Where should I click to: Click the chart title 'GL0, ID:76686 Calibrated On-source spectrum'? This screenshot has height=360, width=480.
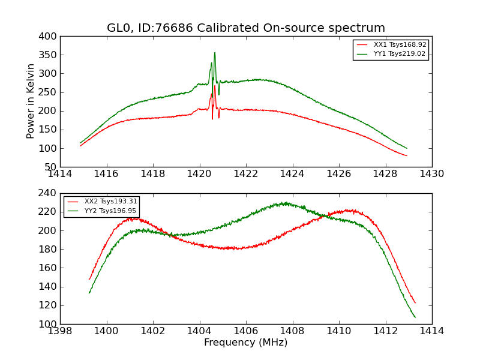[x=246, y=28]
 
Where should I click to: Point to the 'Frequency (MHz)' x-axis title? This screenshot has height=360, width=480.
[x=246, y=343]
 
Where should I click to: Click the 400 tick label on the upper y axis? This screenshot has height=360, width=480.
[x=49, y=37]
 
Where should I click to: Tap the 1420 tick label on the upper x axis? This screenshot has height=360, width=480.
[x=200, y=174]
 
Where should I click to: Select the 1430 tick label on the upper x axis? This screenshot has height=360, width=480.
[x=431, y=174]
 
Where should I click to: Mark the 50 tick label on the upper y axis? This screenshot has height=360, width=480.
[x=51, y=167]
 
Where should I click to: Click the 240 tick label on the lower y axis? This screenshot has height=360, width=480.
[x=49, y=194]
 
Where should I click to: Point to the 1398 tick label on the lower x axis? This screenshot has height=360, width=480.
[x=61, y=331]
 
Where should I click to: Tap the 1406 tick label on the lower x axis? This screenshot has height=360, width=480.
[x=246, y=331]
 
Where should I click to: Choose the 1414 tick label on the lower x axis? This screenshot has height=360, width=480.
[x=431, y=331]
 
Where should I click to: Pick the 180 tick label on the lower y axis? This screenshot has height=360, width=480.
[x=49, y=250]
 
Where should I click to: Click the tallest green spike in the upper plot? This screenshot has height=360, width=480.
[x=214, y=53]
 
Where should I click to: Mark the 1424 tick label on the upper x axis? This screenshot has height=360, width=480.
[x=292, y=174]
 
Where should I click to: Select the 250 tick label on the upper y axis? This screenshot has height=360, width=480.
[x=49, y=92]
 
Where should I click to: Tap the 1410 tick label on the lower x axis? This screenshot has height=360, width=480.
[x=338, y=331]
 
